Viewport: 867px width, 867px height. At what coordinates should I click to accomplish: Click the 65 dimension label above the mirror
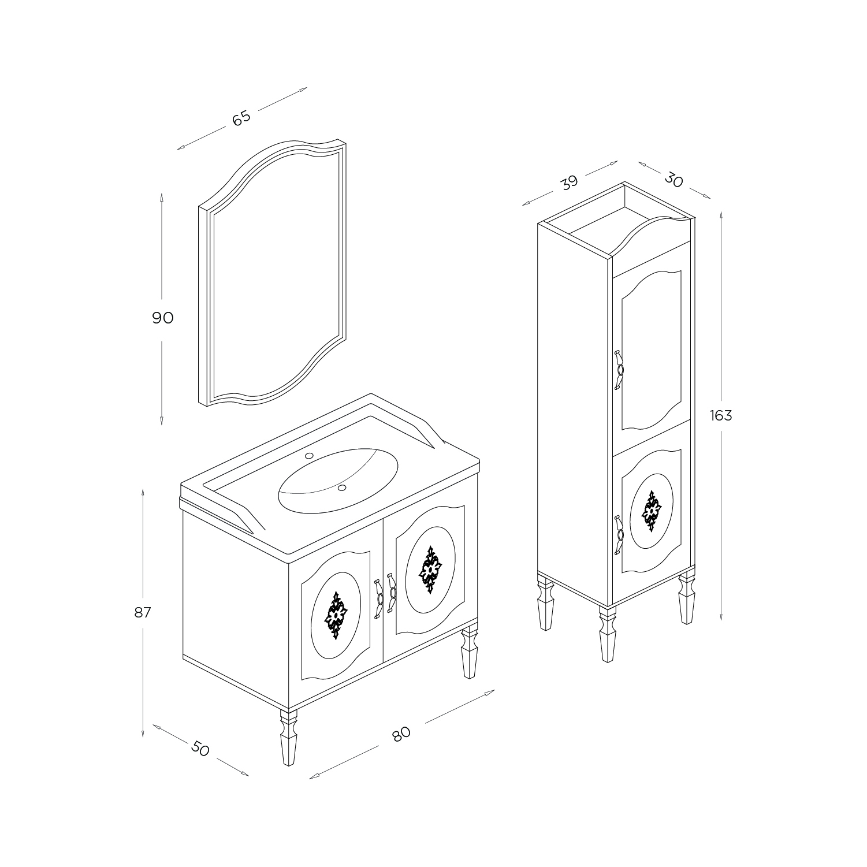click(241, 117)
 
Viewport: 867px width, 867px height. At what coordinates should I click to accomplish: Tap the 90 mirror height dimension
click(163, 318)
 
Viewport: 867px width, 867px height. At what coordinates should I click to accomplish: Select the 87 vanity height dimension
click(143, 612)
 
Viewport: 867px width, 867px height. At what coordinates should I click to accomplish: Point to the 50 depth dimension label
click(200, 749)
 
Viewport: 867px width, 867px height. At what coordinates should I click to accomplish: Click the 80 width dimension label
click(401, 734)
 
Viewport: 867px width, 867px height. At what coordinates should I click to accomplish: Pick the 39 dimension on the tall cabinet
click(569, 182)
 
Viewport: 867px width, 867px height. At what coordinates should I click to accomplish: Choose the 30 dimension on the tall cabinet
click(673, 180)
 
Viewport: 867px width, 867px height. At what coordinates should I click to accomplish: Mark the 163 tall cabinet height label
click(721, 415)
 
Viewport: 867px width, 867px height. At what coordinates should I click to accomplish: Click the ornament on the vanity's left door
click(336, 615)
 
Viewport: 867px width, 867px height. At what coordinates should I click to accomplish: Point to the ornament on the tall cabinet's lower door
click(652, 511)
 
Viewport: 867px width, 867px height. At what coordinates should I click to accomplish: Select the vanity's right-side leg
click(469, 658)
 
